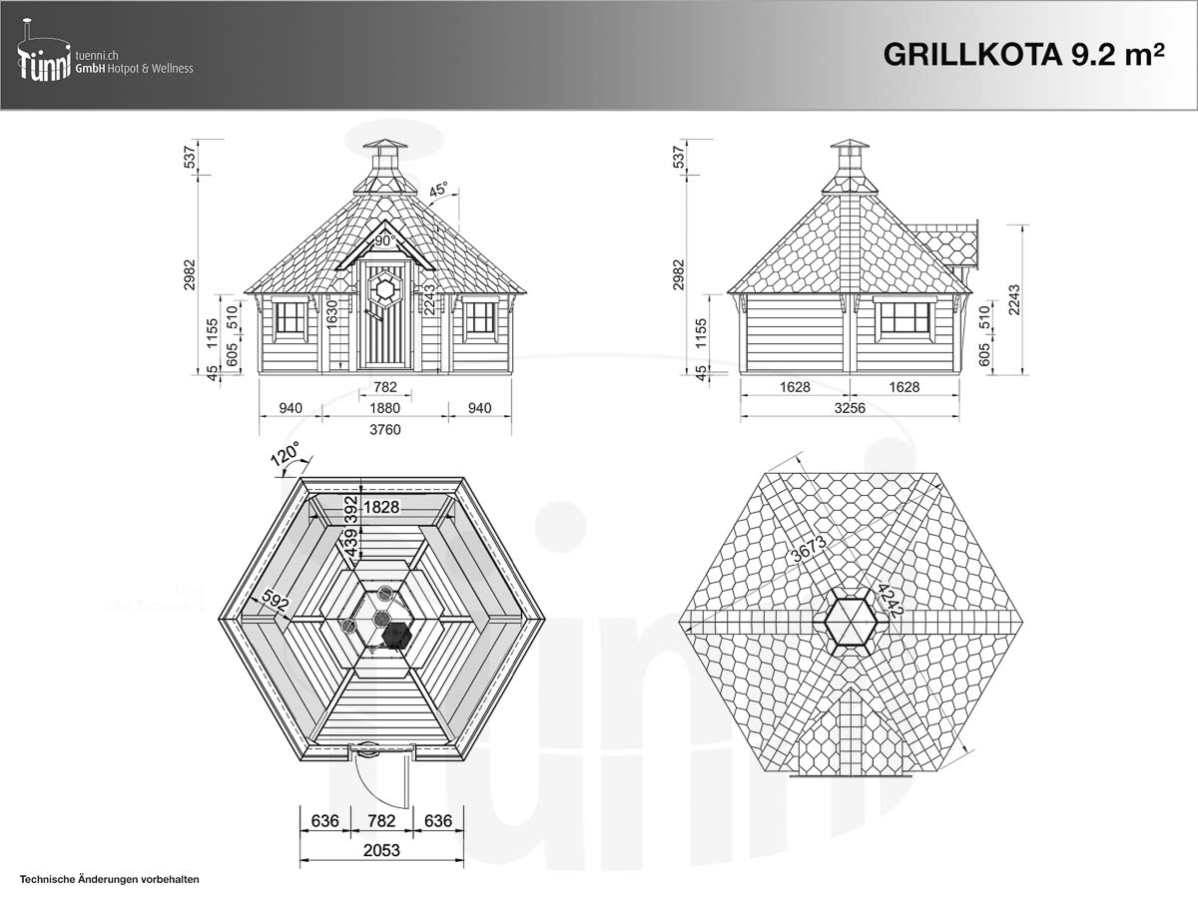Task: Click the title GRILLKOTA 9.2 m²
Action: tap(1024, 56)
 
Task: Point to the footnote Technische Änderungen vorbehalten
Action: tap(110, 880)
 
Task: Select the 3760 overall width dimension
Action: tap(384, 429)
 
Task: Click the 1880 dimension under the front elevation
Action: tap(384, 407)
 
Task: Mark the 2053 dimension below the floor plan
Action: tap(381, 850)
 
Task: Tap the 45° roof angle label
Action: tap(439, 190)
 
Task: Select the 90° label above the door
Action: tap(385, 240)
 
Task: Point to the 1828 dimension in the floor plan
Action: tap(380, 507)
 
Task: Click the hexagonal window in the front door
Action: tap(384, 289)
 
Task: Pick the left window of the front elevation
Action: tap(291, 318)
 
